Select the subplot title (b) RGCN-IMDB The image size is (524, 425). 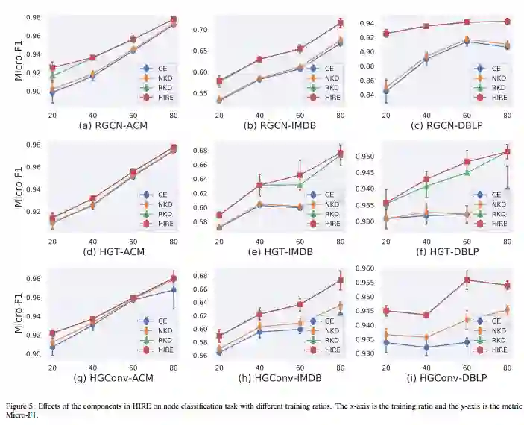click(280, 125)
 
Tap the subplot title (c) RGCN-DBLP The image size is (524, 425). click(447, 125)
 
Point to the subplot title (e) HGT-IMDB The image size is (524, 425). click(280, 251)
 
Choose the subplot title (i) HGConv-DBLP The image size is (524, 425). click(447, 378)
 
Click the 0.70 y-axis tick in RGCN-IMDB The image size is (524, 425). click(201, 30)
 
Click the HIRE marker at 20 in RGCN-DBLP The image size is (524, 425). click(386, 34)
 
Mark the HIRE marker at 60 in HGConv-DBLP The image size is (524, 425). click(467, 280)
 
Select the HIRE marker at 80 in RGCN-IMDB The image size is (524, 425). click(341, 23)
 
